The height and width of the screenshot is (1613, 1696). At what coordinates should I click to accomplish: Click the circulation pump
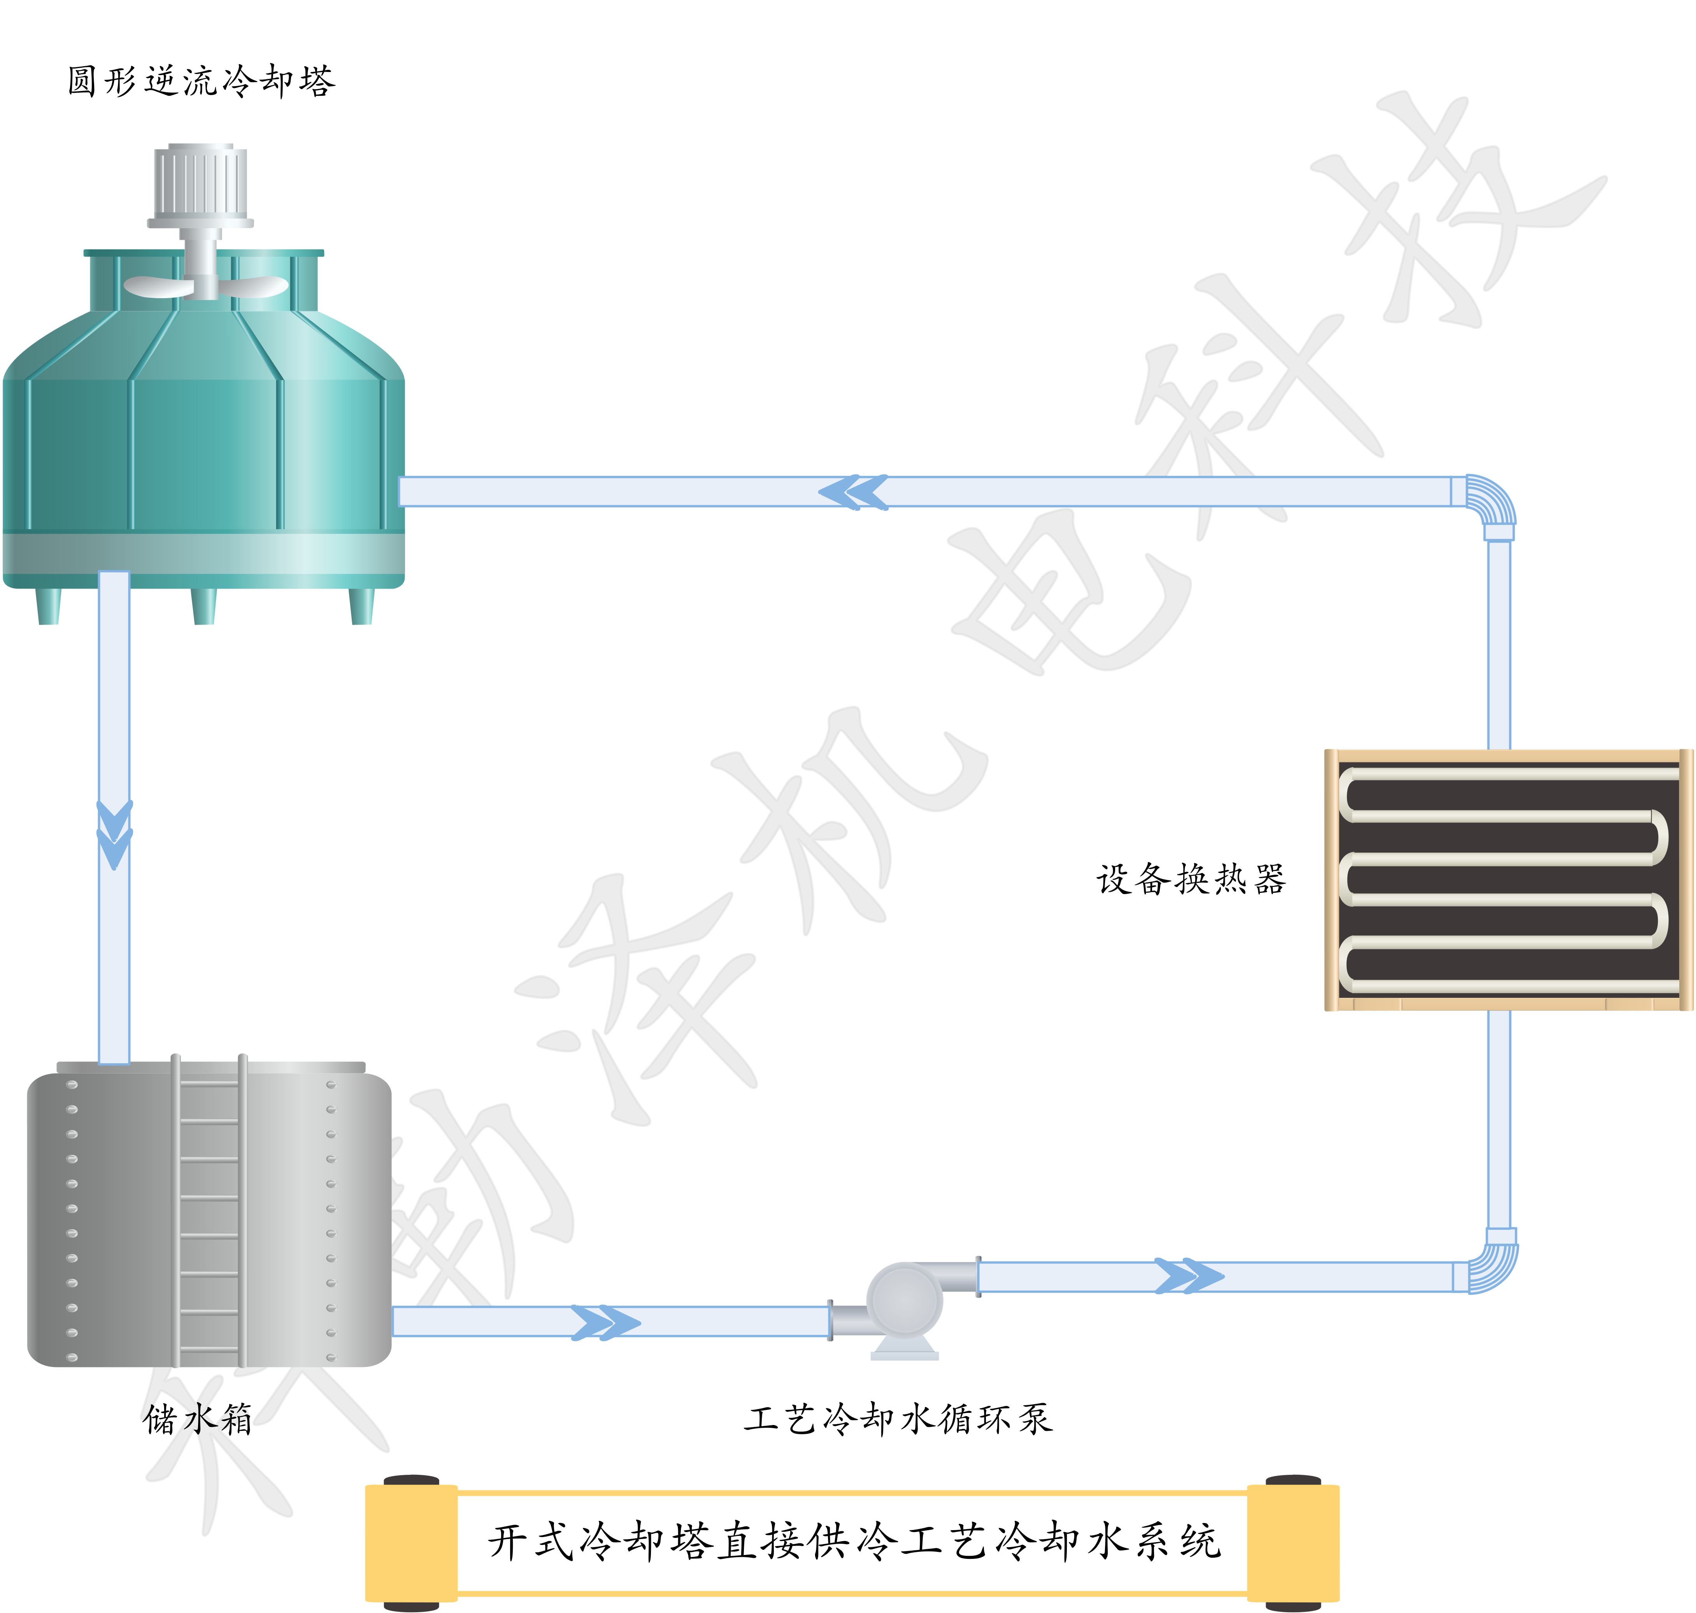904,1303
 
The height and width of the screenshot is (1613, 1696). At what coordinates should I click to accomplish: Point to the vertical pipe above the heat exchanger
1498,645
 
